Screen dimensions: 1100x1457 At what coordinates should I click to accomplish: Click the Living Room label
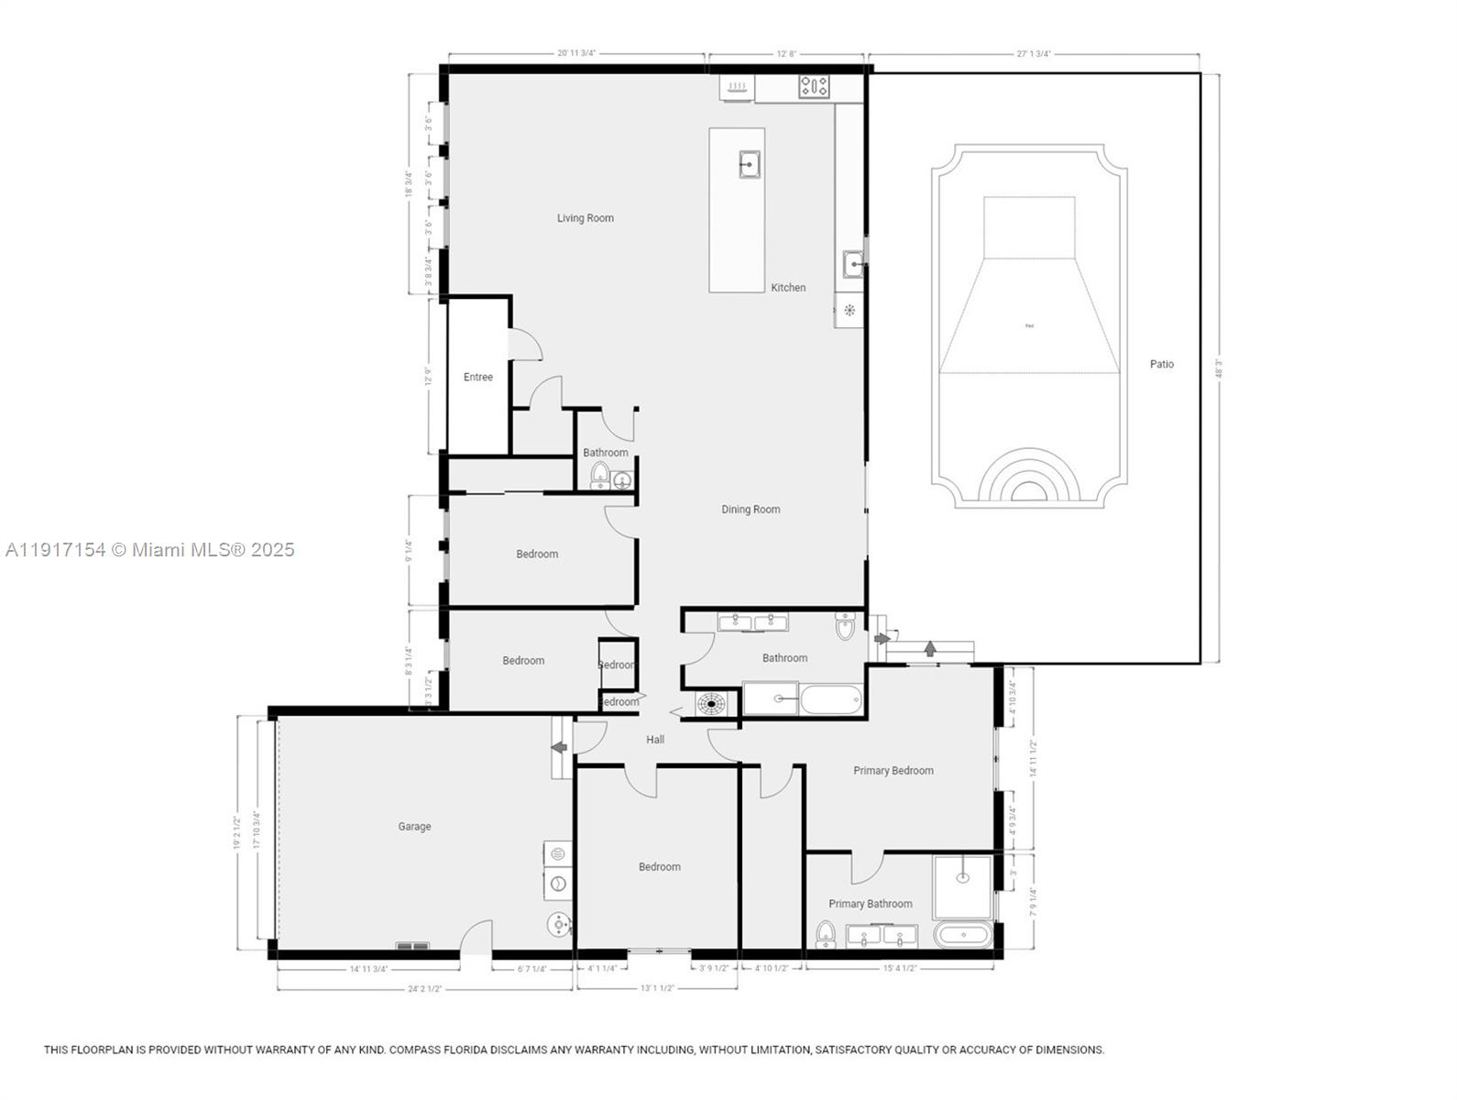tap(585, 218)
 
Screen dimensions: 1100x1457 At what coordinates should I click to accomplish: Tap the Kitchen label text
tap(788, 288)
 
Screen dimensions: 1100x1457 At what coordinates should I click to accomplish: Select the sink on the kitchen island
tap(750, 165)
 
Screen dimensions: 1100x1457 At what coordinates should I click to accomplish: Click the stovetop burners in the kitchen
tap(814, 87)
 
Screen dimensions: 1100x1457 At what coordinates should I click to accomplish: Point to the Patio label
tap(1161, 364)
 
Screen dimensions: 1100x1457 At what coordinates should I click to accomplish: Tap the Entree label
tap(477, 377)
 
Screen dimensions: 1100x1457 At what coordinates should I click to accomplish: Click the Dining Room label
tap(750, 510)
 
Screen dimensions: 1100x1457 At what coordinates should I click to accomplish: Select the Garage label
tap(414, 826)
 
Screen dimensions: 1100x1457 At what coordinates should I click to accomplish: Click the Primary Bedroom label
tap(893, 771)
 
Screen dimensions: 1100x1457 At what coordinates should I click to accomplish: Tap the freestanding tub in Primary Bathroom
tap(963, 936)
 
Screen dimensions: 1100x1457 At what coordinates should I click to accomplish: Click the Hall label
tap(655, 740)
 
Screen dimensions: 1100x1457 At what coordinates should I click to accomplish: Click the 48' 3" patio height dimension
tap(1218, 368)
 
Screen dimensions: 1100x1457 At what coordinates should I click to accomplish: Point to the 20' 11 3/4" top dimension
tap(576, 53)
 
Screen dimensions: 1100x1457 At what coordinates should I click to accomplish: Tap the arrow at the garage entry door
tap(558, 748)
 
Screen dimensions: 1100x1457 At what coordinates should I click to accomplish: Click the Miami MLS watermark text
tap(150, 550)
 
